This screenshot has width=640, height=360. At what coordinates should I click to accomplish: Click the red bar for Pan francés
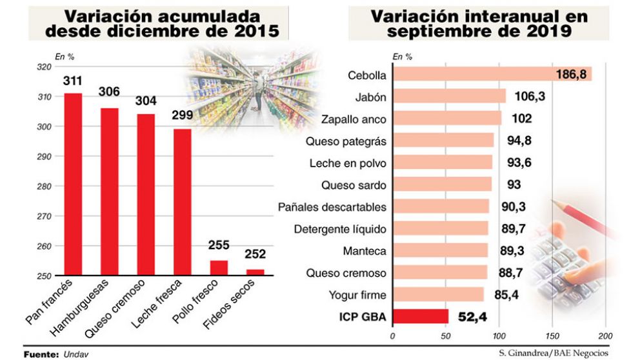(73, 185)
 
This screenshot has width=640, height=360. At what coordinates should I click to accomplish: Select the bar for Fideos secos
(255, 272)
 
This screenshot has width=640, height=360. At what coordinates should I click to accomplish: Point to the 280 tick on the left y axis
(43, 186)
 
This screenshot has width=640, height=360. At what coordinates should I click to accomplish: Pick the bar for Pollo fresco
(219, 268)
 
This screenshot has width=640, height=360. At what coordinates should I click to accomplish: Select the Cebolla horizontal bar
(492, 74)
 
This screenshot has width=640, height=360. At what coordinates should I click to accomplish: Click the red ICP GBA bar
(420, 316)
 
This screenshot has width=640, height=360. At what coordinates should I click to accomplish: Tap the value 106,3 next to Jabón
(529, 97)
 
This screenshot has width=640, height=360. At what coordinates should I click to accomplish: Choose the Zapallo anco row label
(353, 119)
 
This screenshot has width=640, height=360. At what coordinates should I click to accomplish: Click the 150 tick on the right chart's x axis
(552, 336)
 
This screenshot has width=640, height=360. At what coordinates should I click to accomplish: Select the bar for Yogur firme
(437, 295)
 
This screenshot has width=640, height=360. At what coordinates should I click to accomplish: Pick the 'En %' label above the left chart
(64, 57)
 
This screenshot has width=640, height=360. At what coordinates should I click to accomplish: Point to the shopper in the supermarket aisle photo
(259, 90)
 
